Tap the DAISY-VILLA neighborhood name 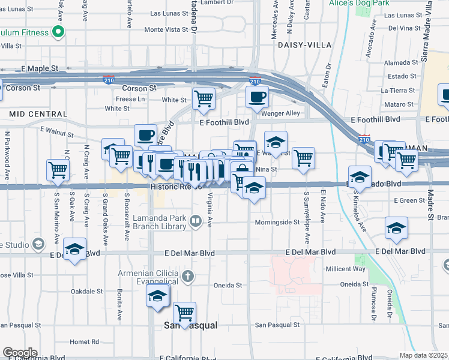click(x=301, y=45)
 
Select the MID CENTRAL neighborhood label click(x=38, y=113)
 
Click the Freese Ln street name click(x=130, y=99)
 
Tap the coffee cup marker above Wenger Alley click(x=257, y=96)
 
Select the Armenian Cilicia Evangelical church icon click(x=188, y=277)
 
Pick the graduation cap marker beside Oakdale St click(x=158, y=296)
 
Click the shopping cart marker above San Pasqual click(x=184, y=311)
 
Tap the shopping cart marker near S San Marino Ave click(x=59, y=170)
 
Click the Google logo click(x=20, y=353)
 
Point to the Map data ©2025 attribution click(x=424, y=355)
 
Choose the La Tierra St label click(x=399, y=91)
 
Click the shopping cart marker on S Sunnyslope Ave click(x=304, y=157)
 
